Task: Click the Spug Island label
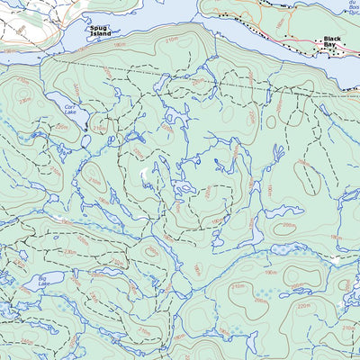(100, 32)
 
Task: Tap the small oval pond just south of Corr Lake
(85, 140)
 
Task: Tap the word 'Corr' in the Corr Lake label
(69, 106)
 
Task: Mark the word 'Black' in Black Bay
(334, 41)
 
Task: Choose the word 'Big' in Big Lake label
(42, 278)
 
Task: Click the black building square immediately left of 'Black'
(319, 41)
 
